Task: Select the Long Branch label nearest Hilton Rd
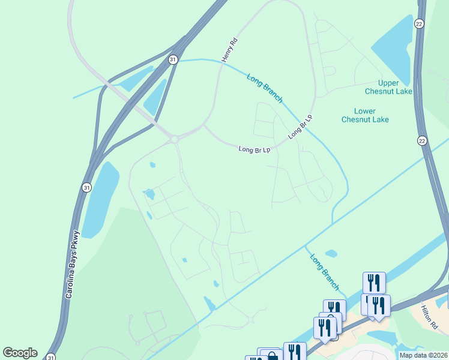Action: click(x=324, y=271)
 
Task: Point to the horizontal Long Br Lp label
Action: click(x=255, y=149)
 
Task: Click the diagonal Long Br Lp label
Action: click(x=301, y=127)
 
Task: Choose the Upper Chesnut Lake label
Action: click(x=388, y=87)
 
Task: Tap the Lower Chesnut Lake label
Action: click(x=365, y=115)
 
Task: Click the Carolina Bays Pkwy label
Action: click(x=71, y=265)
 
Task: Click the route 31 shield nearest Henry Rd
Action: click(x=173, y=59)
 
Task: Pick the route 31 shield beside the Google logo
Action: click(x=52, y=356)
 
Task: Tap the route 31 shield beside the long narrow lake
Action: click(x=87, y=187)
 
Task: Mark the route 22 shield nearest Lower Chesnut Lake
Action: click(x=422, y=140)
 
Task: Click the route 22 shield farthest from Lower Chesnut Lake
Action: click(x=420, y=23)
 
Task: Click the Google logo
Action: click(x=20, y=353)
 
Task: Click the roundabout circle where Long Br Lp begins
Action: click(x=174, y=139)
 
